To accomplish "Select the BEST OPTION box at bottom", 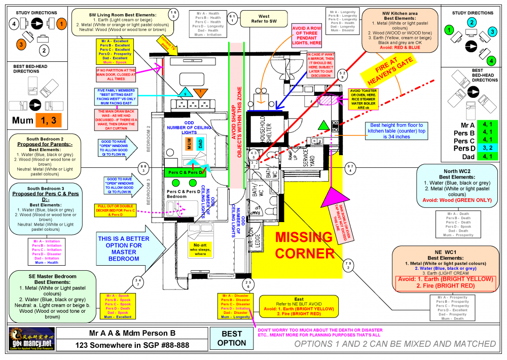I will coord(232,338).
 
